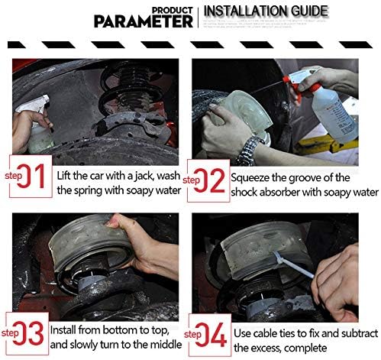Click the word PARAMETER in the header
[x=144, y=21]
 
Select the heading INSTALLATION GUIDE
[x=266, y=11]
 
